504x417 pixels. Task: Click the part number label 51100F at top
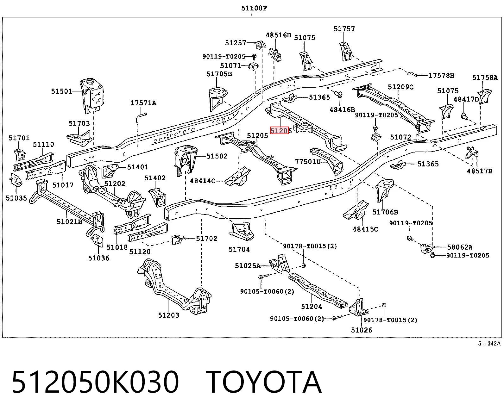point(254,8)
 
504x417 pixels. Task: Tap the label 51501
point(61,91)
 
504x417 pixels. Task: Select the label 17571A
point(143,103)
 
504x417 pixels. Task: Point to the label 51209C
point(401,87)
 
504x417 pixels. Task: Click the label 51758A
point(485,78)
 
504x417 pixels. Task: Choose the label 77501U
point(308,161)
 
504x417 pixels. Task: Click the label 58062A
point(460,247)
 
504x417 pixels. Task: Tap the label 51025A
point(248,266)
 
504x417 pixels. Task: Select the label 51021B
point(70,222)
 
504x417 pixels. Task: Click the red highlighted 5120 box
point(279,131)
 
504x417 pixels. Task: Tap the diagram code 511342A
point(489,344)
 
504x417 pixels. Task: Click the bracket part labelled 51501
point(92,95)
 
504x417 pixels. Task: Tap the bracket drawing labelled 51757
point(346,51)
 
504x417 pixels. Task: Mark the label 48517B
point(480,171)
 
